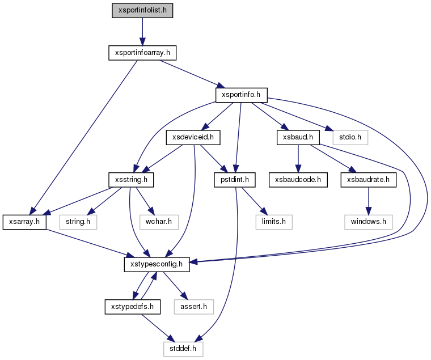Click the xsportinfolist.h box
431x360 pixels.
(x=142, y=10)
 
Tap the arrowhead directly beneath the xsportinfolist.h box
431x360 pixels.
(x=142, y=41)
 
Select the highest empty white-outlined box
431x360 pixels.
(x=350, y=137)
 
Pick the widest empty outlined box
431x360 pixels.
(x=368, y=222)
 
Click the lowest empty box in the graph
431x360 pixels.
(x=183, y=349)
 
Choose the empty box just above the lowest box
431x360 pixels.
(x=193, y=307)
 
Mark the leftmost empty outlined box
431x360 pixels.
(x=78, y=222)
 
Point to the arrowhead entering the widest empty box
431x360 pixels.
(x=368, y=211)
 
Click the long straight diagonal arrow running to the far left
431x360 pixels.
(x=85, y=136)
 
